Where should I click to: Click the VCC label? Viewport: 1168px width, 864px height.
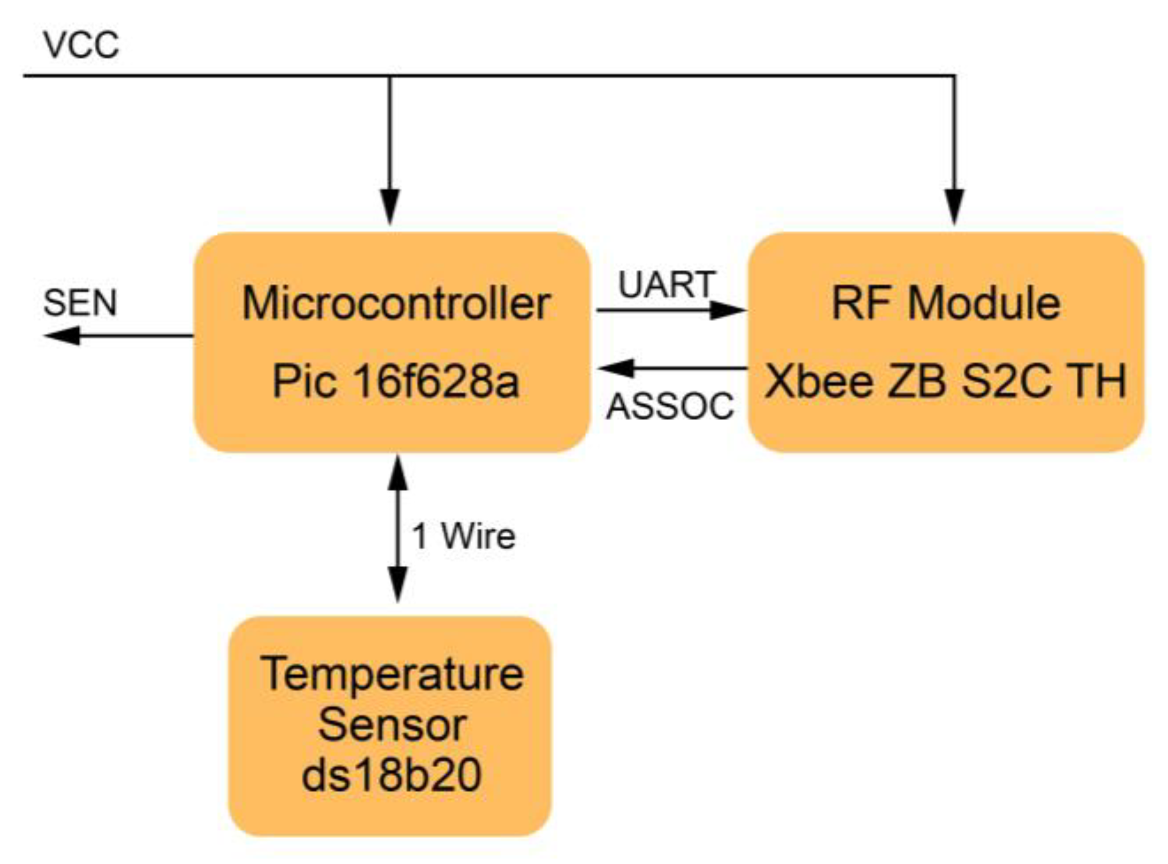[81, 45]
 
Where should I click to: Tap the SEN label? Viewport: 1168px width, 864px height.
[80, 303]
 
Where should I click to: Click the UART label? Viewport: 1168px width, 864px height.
[667, 285]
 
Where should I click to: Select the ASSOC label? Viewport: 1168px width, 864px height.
[670, 407]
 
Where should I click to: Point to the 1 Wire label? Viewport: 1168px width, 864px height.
[464, 536]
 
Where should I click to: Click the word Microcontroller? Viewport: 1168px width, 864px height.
[396, 304]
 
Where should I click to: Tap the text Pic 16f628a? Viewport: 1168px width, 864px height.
[395, 381]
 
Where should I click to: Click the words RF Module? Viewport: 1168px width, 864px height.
[945, 303]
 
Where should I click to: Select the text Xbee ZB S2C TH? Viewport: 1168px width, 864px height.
[945, 381]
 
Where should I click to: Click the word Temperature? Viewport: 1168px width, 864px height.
[392, 674]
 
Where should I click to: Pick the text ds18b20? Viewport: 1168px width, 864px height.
[392, 775]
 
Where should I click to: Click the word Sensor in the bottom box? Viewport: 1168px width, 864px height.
[392, 725]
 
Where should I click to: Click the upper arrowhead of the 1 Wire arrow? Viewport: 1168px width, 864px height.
[398, 474]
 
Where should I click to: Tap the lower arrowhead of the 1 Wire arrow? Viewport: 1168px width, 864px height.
[398, 583]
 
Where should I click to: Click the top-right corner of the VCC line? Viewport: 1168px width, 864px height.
[954, 76]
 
